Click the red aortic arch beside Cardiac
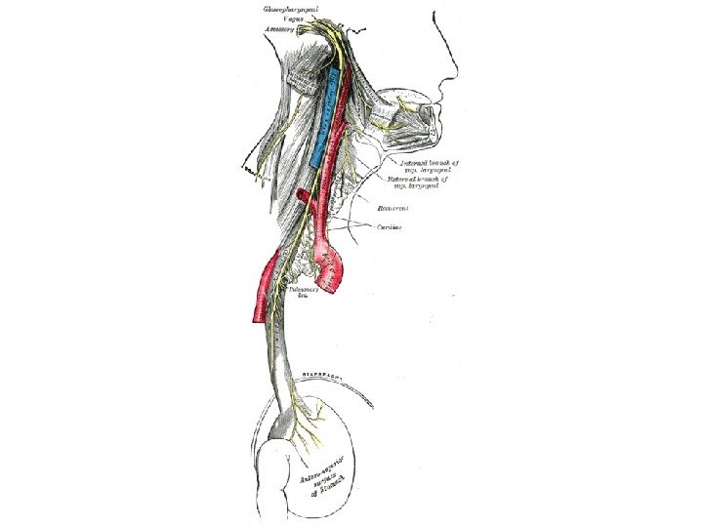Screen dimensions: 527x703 point(340,265)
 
